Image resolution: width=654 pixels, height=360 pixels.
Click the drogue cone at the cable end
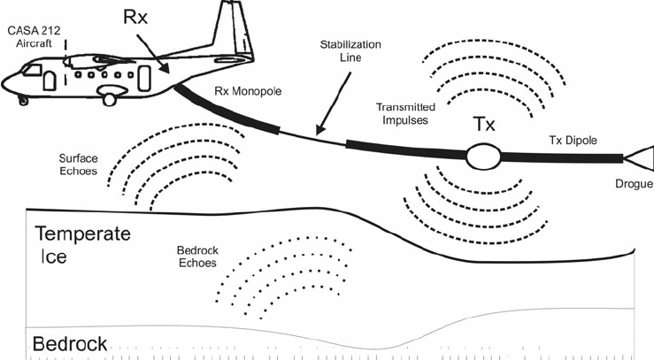click(638, 161)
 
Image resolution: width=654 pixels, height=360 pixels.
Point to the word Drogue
click(634, 185)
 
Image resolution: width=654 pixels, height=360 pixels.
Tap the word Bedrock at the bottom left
click(70, 343)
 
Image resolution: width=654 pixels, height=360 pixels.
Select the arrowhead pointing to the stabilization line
click(314, 131)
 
